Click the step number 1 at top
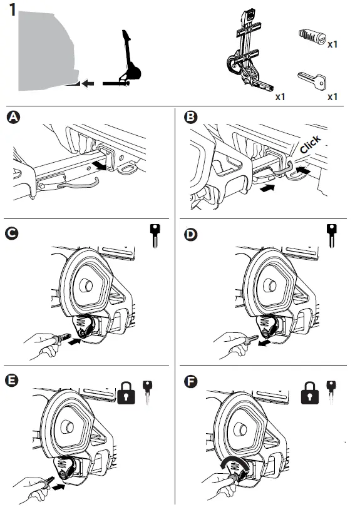[x=13, y=9]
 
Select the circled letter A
[x=13, y=117]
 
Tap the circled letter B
[x=190, y=116]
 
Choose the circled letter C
[x=12, y=233]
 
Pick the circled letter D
[x=190, y=235]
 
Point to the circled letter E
[x=12, y=381]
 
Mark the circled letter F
[x=190, y=381]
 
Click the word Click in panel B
[x=311, y=144]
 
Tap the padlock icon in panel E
[x=126, y=393]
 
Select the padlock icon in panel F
[x=310, y=393]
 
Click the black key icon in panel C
[x=155, y=236]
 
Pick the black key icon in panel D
[x=332, y=236]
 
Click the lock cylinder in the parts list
[x=312, y=36]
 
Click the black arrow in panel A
[x=100, y=166]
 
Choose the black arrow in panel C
[x=75, y=341]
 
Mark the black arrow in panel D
[x=264, y=343]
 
